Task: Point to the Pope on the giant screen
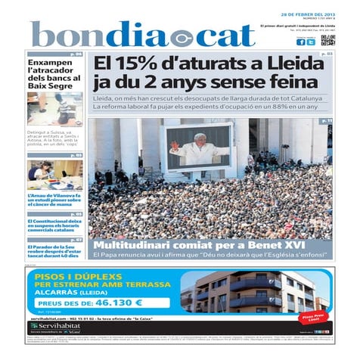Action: point(197,147)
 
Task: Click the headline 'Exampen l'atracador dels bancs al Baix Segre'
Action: point(54,74)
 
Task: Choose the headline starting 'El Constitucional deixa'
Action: point(54,225)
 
